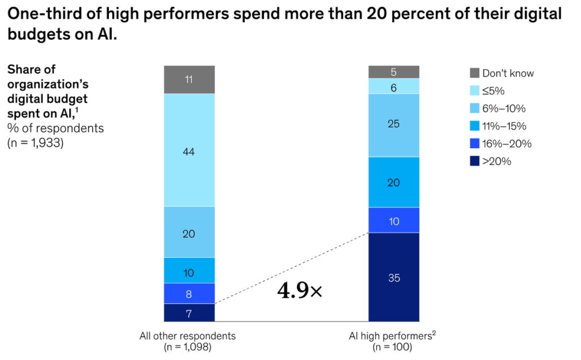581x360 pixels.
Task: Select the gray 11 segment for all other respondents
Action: click(190, 79)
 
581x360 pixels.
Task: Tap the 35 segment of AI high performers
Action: click(394, 277)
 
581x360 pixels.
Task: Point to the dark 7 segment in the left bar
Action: click(190, 312)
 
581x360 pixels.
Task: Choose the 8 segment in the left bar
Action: click(190, 294)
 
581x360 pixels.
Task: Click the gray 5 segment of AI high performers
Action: click(394, 72)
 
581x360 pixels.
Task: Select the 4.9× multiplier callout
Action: click(299, 291)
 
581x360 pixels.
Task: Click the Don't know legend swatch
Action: click(474, 73)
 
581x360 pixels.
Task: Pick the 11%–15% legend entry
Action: click(500, 126)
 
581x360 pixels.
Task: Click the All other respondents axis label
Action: click(187, 336)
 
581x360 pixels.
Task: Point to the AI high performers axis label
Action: click(393, 336)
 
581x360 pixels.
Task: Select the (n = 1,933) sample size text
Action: click(35, 143)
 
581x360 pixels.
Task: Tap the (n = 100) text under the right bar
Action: click(393, 347)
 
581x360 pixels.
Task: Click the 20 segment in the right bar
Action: click(394, 182)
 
